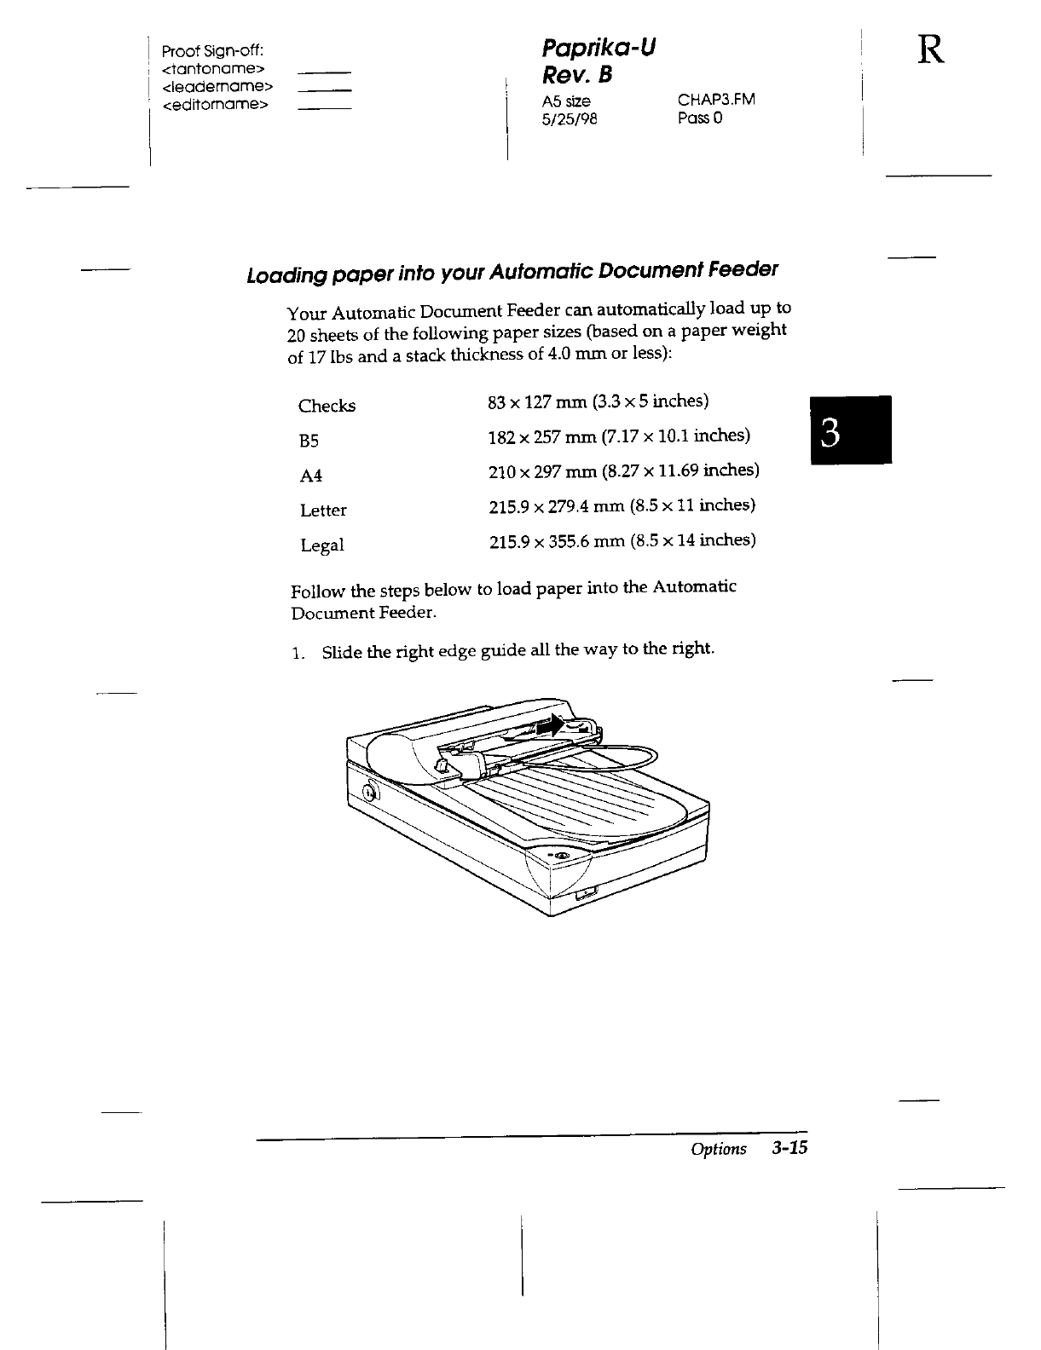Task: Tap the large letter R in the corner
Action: [x=931, y=52]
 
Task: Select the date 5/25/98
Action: [x=570, y=119]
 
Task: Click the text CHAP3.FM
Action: [x=716, y=101]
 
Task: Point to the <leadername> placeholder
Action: [x=217, y=86]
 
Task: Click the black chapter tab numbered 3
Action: [x=851, y=430]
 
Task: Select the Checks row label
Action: [x=327, y=407]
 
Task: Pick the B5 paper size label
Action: [x=309, y=441]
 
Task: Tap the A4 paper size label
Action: [x=311, y=476]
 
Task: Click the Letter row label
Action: [x=323, y=511]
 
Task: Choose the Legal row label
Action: [x=322, y=545]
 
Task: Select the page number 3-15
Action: [x=789, y=1148]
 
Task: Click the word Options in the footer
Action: [x=718, y=1149]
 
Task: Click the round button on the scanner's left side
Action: [x=369, y=793]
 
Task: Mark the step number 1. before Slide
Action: [x=297, y=654]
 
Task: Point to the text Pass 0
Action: [x=700, y=118]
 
